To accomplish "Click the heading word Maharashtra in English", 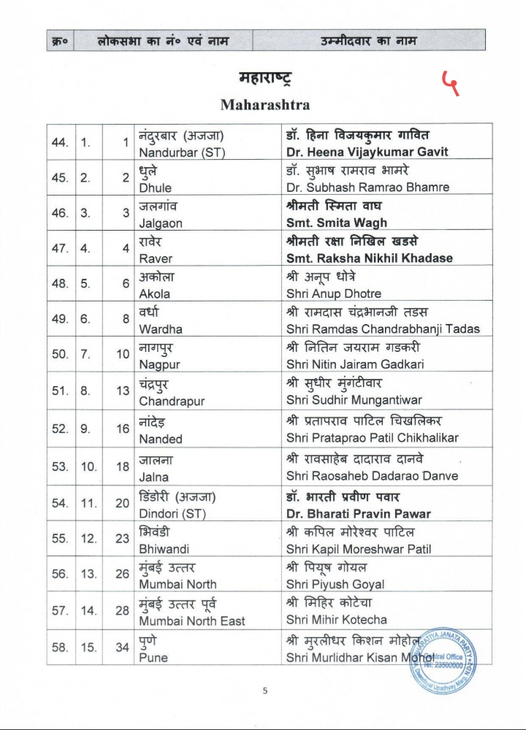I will [x=264, y=104].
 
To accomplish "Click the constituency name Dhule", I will [x=155, y=188].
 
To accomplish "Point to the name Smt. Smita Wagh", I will [x=337, y=223].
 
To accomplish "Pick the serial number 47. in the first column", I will [x=61, y=248].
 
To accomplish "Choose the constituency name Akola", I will [x=154, y=293].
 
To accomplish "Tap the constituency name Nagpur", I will [x=159, y=364].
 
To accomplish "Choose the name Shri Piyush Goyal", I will [x=335, y=584].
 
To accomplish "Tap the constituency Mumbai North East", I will [x=192, y=620].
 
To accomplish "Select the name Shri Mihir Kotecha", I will [x=337, y=620].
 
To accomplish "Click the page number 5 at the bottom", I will [x=264, y=688].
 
